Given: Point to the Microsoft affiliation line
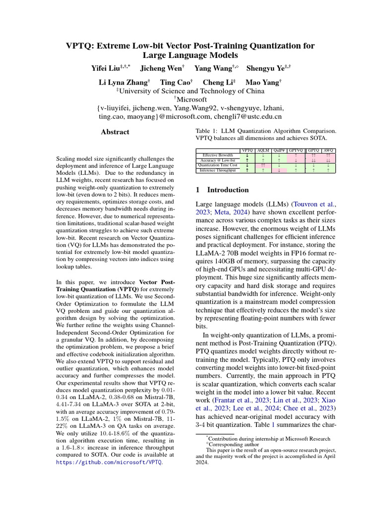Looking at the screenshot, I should tap(190, 100).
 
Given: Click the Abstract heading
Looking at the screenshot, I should tap(115, 132).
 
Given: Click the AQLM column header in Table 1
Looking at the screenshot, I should tap(263, 150).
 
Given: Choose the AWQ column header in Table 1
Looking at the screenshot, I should tap(328, 150).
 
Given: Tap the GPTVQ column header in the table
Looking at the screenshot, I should tap(296, 150).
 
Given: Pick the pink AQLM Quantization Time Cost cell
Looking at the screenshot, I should tap(263, 165).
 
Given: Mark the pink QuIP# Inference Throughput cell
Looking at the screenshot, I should tap(279, 170).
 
